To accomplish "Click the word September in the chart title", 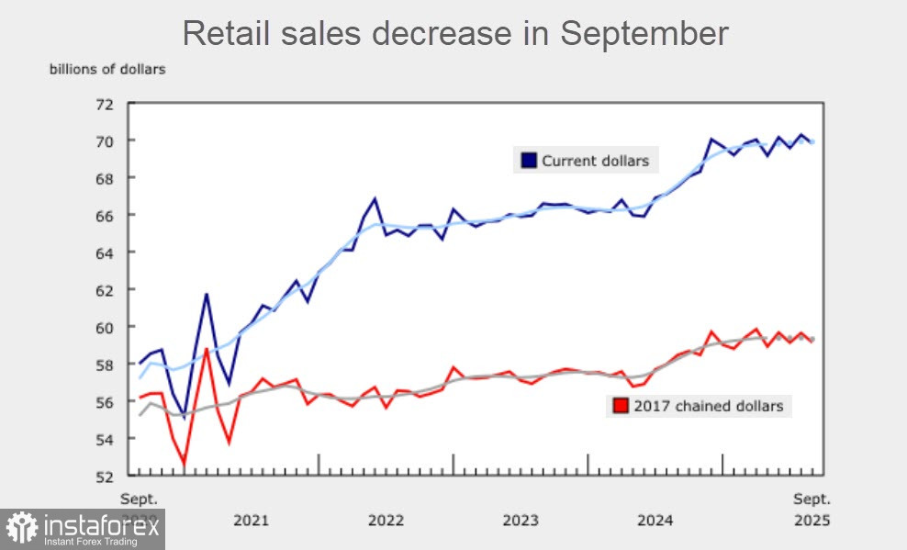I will pos(644,33).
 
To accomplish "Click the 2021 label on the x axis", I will pos(251,521).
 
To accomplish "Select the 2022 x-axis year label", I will pos(386,521).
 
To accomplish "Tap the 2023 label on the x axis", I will pos(521,521).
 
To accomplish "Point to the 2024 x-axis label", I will pos(655,521).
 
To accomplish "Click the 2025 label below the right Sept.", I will pos(812,521).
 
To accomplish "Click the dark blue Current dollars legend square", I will pos(528,161).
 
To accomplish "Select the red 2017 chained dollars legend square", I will pos(621,405).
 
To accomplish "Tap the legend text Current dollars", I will pos(595,161).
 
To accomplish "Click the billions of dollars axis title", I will pos(107,69).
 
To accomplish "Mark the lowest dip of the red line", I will pos(185,465).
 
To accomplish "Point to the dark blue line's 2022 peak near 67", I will pos(375,198).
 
